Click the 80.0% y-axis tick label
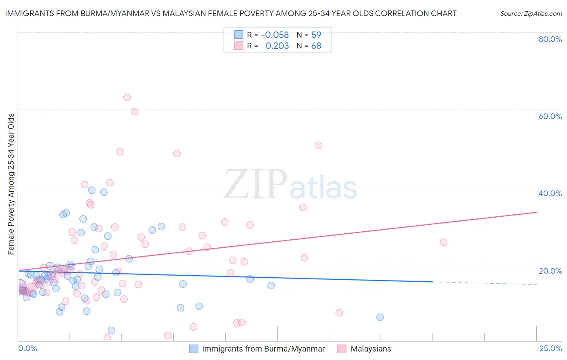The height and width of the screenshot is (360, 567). [x=550, y=39]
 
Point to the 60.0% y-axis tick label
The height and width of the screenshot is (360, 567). [x=550, y=116]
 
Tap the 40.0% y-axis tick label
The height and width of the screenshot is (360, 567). [x=550, y=193]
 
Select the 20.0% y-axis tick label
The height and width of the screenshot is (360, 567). [x=550, y=270]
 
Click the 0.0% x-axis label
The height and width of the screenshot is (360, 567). [x=27, y=348]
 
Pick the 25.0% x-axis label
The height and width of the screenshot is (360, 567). [x=550, y=348]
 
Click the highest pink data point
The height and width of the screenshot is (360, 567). [x=127, y=97]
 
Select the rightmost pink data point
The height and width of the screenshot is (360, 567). [x=444, y=242]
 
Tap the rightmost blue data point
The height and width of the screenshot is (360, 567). [x=380, y=317]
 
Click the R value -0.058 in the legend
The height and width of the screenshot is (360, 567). [x=275, y=35]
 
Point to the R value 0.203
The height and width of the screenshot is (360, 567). [x=277, y=46]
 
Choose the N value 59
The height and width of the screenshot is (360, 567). [x=316, y=35]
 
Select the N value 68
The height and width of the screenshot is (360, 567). [x=316, y=46]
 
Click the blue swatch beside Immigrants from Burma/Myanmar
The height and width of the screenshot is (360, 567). [x=194, y=349]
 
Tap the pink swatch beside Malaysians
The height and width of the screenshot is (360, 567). [x=342, y=349]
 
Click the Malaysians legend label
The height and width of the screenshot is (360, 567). [x=371, y=349]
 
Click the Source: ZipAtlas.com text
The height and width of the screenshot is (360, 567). [x=531, y=13]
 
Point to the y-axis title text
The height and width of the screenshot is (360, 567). [x=11, y=184]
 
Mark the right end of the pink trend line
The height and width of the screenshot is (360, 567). [x=536, y=212]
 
